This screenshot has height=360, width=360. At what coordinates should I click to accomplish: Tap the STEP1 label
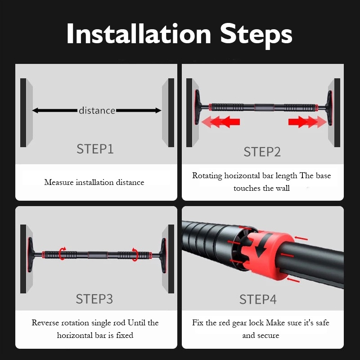click(x=95, y=149)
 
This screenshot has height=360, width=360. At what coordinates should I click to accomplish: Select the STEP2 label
click(x=262, y=152)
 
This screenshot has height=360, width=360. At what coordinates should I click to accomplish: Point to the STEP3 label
click(x=94, y=299)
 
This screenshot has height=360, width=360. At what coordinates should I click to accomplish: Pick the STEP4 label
click(x=258, y=299)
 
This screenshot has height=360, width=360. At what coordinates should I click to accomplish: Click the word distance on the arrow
click(x=97, y=110)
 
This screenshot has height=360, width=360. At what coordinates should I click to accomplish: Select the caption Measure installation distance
click(x=94, y=182)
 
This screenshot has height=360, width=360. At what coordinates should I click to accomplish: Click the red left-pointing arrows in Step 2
click(x=220, y=121)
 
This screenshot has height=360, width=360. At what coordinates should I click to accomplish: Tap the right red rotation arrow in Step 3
click(x=135, y=253)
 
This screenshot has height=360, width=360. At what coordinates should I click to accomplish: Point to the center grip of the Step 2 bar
click(x=262, y=108)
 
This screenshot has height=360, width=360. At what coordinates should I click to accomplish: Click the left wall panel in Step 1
click(x=26, y=112)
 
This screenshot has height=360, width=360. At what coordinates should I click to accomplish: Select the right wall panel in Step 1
click(x=168, y=112)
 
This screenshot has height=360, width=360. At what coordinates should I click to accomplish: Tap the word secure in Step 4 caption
click(x=268, y=335)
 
